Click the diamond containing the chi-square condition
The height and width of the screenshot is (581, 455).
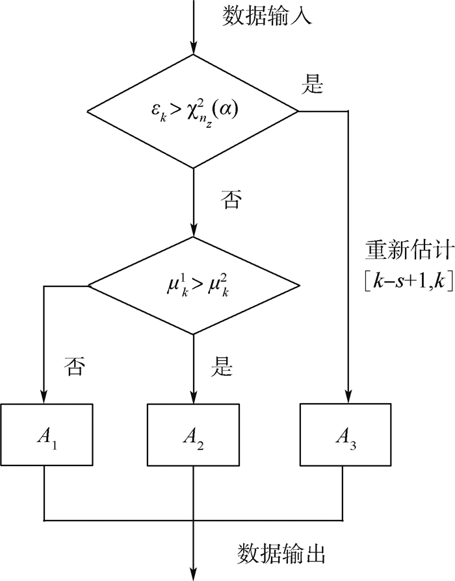tap(193, 112)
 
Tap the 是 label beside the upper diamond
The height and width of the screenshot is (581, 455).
tap(314, 85)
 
